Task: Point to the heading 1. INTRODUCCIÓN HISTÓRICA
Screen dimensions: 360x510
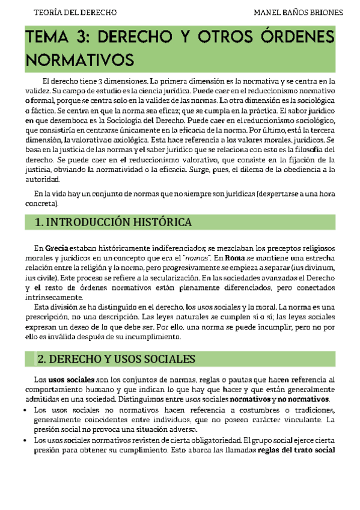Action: [114, 223]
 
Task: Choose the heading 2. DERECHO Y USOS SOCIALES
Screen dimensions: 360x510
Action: [117, 359]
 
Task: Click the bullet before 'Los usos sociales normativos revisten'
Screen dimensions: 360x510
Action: [28, 440]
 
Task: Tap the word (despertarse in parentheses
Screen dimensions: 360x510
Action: [281, 194]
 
